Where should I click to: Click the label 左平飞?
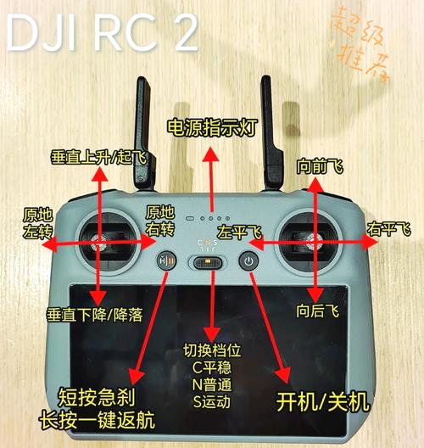point(238,231)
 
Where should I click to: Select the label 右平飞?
point(388,230)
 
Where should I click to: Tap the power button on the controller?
point(248,262)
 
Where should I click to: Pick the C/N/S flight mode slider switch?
point(207,263)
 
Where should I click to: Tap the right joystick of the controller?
point(313,244)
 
